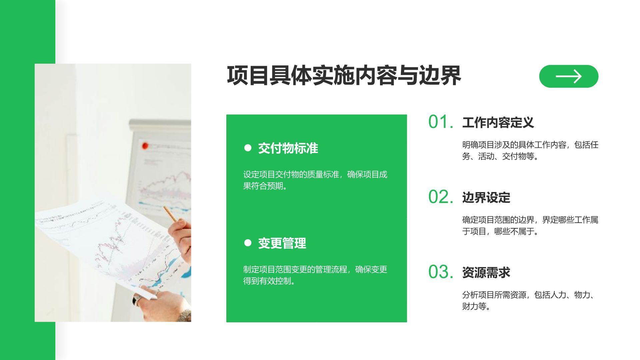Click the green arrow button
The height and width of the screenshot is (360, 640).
569,76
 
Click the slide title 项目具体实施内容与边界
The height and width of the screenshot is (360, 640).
344,76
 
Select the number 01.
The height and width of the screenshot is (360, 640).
440,122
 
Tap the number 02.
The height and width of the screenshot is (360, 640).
440,197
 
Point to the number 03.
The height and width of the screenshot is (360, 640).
440,272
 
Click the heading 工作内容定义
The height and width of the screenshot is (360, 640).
498,123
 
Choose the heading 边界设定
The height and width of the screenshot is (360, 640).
486,198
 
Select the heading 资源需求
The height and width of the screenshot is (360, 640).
486,273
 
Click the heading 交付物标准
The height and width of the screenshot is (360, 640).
288,148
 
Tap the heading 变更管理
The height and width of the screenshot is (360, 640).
282,243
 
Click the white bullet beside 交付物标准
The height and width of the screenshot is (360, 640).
248,148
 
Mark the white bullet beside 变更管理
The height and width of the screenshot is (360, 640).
248,243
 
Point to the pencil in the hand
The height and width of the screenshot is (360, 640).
170,214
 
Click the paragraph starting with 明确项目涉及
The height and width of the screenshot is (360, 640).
530,150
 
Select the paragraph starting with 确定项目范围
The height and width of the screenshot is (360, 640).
530,225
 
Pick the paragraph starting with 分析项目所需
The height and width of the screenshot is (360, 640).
530,300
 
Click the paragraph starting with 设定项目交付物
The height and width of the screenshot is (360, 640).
315,180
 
